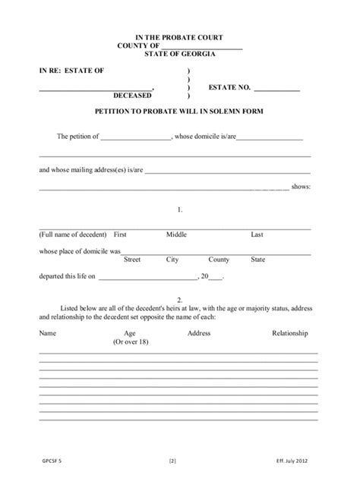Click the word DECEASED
(131, 96)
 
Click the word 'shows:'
(301, 187)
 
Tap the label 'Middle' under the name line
(176, 234)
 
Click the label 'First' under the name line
(119, 234)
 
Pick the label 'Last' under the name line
(257, 234)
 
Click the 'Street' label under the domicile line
(132, 259)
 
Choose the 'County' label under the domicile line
(219, 259)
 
